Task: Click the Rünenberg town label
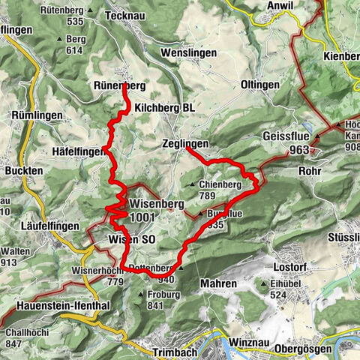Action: pyautogui.click(x=120, y=85)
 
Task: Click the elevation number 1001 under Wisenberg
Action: pyautogui.click(x=142, y=217)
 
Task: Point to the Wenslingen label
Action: pyautogui.click(x=189, y=53)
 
